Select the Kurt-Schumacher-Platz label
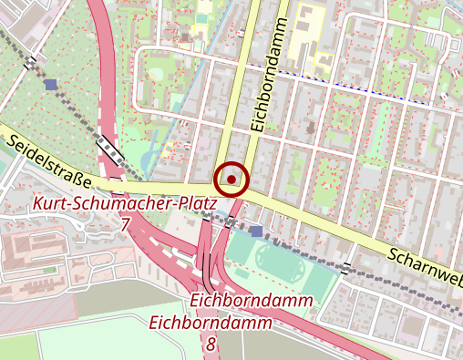(x=125, y=203)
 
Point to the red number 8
(x=211, y=343)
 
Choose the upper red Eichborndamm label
(x=253, y=301)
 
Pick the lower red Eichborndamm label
(x=211, y=323)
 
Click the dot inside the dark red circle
(x=232, y=179)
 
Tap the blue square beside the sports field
(x=256, y=231)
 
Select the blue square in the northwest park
(x=49, y=84)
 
